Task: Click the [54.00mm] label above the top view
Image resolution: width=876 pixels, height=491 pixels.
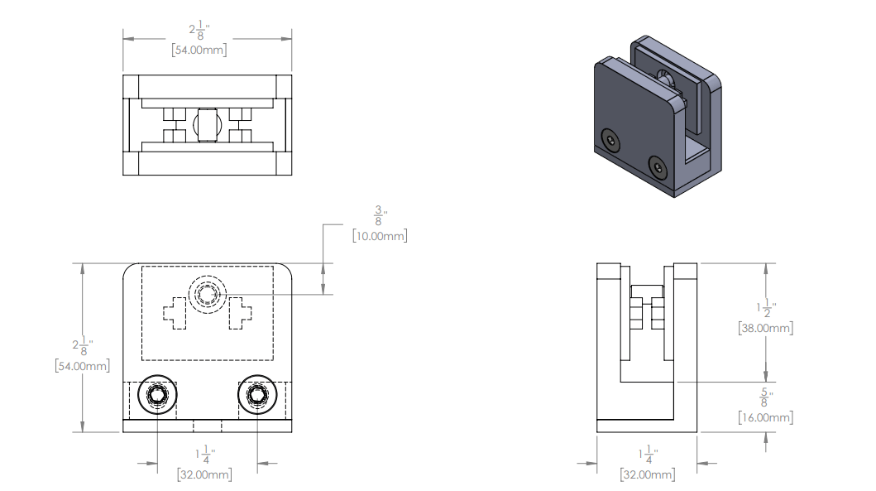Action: [x=199, y=51]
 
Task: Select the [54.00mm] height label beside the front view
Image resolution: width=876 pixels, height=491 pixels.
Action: [x=81, y=365]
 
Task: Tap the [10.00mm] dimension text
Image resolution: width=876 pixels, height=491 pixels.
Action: [x=380, y=236]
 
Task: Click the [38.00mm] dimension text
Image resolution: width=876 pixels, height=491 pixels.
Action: [x=765, y=328]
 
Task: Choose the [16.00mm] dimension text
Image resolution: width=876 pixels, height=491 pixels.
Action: [x=765, y=417]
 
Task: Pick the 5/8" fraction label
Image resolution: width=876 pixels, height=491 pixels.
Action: [x=765, y=397]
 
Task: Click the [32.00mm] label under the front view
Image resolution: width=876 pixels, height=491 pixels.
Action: [x=204, y=474]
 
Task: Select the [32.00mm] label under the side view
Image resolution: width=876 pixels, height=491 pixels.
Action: [x=648, y=474]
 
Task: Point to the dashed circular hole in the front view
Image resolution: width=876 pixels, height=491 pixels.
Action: [x=207, y=294]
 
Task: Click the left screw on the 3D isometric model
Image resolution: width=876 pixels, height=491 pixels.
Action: [x=610, y=140]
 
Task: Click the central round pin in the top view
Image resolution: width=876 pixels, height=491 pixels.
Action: [x=207, y=125]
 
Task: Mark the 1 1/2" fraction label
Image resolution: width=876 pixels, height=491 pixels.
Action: [x=765, y=307]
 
